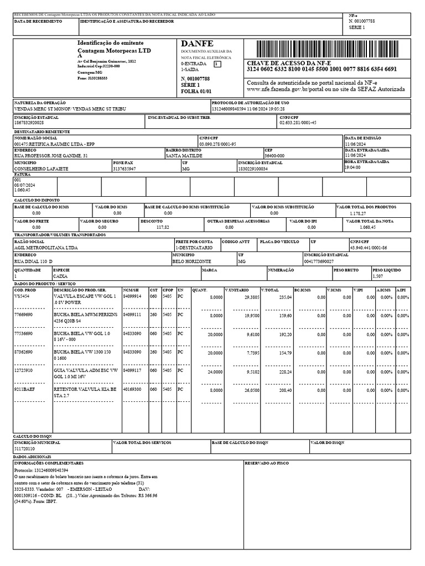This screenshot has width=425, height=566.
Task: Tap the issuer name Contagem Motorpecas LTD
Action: (x=114, y=50)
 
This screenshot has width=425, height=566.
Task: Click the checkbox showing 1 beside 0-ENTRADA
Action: (x=217, y=64)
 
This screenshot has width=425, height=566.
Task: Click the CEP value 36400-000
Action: (x=275, y=156)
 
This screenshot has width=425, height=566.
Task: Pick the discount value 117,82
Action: (x=163, y=227)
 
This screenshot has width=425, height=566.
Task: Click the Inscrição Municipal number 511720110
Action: (x=24, y=449)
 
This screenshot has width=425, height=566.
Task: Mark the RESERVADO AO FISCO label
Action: (x=267, y=463)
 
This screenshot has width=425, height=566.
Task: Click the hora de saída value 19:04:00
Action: (x=353, y=167)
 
